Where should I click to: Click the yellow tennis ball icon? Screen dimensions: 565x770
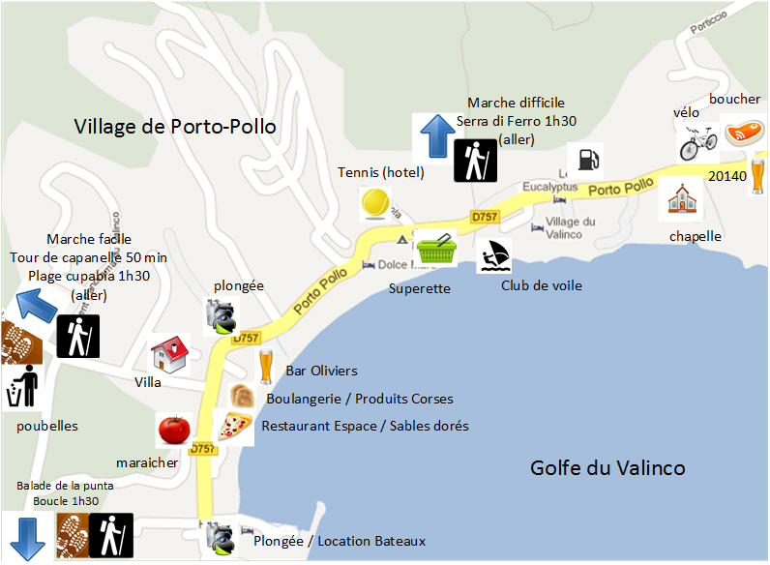pos(373,203)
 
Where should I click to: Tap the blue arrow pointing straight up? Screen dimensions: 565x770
pos(432,136)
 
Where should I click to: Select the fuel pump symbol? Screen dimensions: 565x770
pos(584,158)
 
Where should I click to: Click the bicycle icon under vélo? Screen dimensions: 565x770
pos(697,142)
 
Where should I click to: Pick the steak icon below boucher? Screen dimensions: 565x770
pos(742,132)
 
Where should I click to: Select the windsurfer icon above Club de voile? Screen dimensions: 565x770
pos(493,256)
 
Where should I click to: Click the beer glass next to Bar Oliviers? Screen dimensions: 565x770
pos(266,367)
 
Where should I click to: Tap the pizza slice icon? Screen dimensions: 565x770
pos(233,426)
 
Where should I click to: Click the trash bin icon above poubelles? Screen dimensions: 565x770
pos(21,387)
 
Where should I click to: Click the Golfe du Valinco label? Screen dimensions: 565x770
pos(607,468)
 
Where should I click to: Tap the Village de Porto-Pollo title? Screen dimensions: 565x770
pos(175,127)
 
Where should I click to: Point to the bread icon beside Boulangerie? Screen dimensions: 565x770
pos(242,397)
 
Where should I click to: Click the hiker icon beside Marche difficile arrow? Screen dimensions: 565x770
pos(475,160)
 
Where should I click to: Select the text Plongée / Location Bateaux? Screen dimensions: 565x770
pos(339,541)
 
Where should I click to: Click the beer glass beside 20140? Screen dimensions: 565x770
pos(756,180)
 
